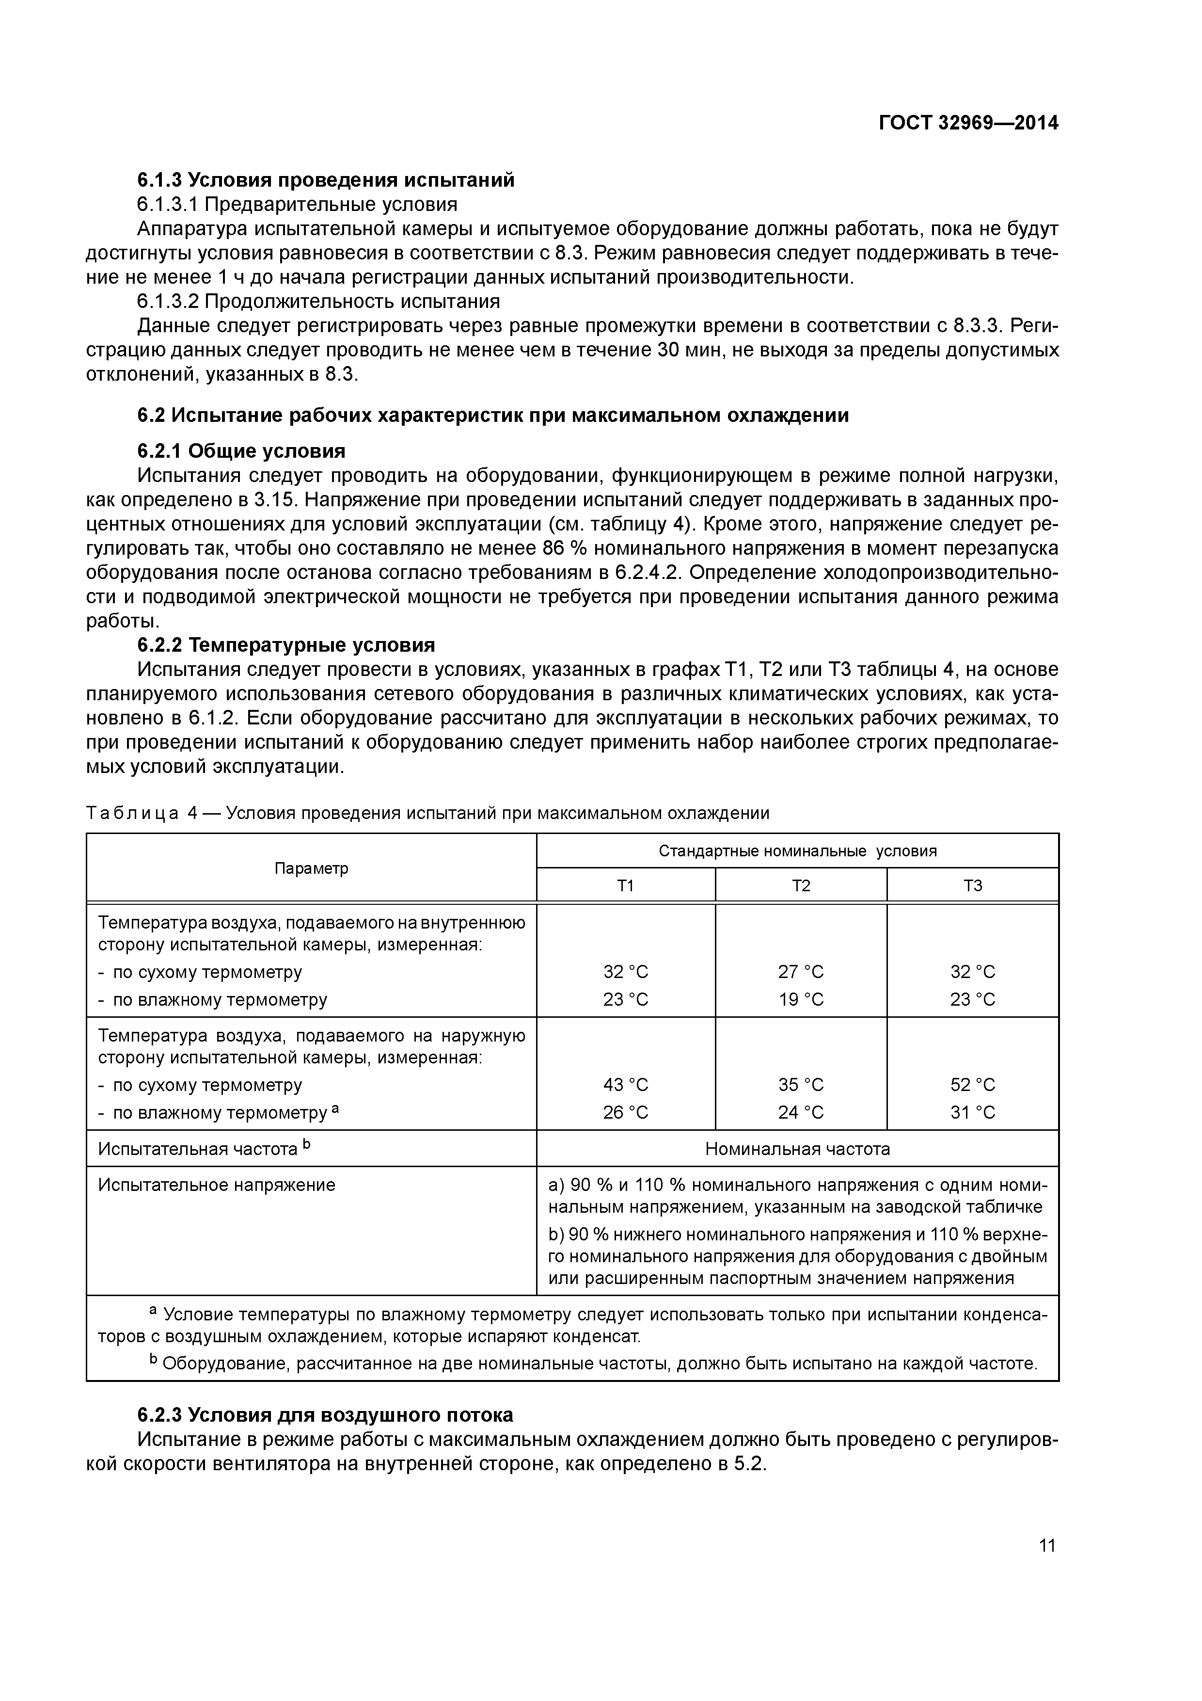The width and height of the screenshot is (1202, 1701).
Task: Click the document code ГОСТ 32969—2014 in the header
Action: [968, 123]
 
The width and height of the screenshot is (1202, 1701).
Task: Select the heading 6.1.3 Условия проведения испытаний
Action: [326, 180]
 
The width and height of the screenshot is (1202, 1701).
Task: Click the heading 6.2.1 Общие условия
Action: [241, 451]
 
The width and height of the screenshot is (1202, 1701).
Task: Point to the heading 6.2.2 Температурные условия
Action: [286, 645]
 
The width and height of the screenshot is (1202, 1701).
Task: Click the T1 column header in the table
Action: [626, 885]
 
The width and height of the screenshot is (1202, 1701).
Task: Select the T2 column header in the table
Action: [801, 885]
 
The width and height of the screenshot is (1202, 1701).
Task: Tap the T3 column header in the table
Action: [972, 885]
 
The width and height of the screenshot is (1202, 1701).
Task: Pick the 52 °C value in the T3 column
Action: [972, 1085]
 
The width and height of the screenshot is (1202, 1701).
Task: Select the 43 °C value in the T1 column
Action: [626, 1085]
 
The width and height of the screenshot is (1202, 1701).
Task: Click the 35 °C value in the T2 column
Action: [801, 1085]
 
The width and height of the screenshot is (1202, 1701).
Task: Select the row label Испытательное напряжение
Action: [216, 1186]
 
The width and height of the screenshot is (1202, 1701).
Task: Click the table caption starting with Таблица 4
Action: [427, 814]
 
